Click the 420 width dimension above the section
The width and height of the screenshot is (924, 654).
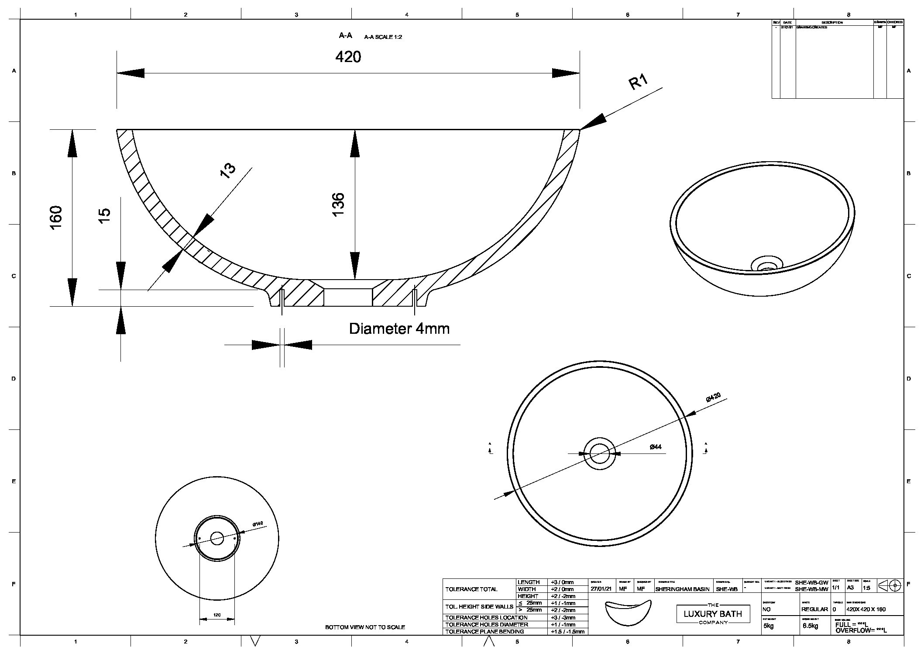(x=348, y=57)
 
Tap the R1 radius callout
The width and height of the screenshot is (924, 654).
(x=638, y=82)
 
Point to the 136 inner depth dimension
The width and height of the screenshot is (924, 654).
(x=338, y=204)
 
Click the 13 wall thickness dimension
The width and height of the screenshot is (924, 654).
(x=227, y=169)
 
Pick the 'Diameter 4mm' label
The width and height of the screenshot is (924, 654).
(x=399, y=329)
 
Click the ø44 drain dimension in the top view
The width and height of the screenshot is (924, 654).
(x=655, y=446)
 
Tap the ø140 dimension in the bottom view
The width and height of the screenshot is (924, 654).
(x=258, y=523)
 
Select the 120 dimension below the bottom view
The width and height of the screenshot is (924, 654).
(x=217, y=615)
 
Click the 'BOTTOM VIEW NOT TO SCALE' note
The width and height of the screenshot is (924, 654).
(x=365, y=627)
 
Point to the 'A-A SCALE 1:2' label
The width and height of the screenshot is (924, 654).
(x=383, y=37)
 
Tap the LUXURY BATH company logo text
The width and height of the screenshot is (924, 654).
(x=712, y=614)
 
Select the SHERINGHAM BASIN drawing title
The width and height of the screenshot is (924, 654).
(x=682, y=589)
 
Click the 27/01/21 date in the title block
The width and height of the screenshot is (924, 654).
(x=600, y=589)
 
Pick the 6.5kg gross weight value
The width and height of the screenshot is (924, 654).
(x=810, y=626)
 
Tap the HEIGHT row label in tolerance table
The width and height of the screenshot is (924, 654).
(x=527, y=596)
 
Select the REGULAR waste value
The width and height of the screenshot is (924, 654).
(x=814, y=609)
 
